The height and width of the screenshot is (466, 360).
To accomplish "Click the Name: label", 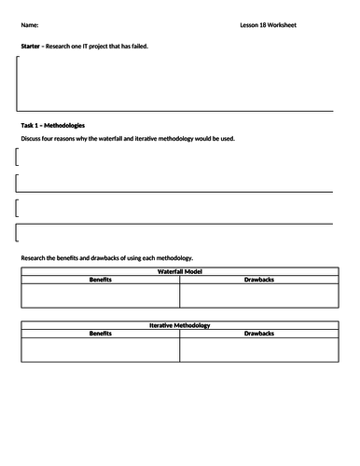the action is [30, 24].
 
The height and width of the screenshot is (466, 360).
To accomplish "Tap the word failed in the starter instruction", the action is [137, 46].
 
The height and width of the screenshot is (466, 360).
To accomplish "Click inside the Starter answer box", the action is [177, 83].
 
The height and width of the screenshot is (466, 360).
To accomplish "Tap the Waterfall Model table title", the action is [179, 271].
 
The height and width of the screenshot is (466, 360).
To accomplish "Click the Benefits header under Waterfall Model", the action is [100, 279].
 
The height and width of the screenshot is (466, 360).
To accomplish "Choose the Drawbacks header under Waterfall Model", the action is [258, 279].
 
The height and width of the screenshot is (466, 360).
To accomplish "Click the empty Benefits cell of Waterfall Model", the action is [100, 295].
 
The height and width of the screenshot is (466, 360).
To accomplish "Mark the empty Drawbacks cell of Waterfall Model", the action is [258, 295].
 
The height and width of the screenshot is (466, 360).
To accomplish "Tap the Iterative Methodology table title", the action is [179, 325].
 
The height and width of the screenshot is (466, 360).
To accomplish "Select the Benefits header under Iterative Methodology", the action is [100, 333].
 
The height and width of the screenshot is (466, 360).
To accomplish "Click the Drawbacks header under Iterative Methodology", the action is [258, 333].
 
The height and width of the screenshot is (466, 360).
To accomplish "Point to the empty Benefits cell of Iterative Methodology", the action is [100, 349].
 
